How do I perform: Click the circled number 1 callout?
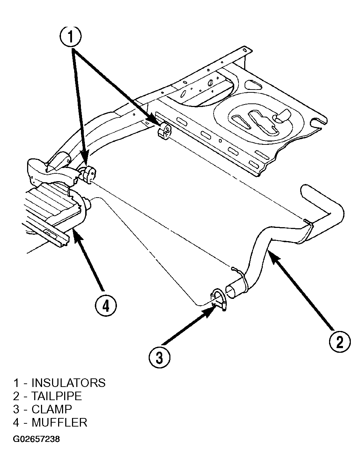(x=71, y=37)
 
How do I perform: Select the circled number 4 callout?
(x=106, y=306)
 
